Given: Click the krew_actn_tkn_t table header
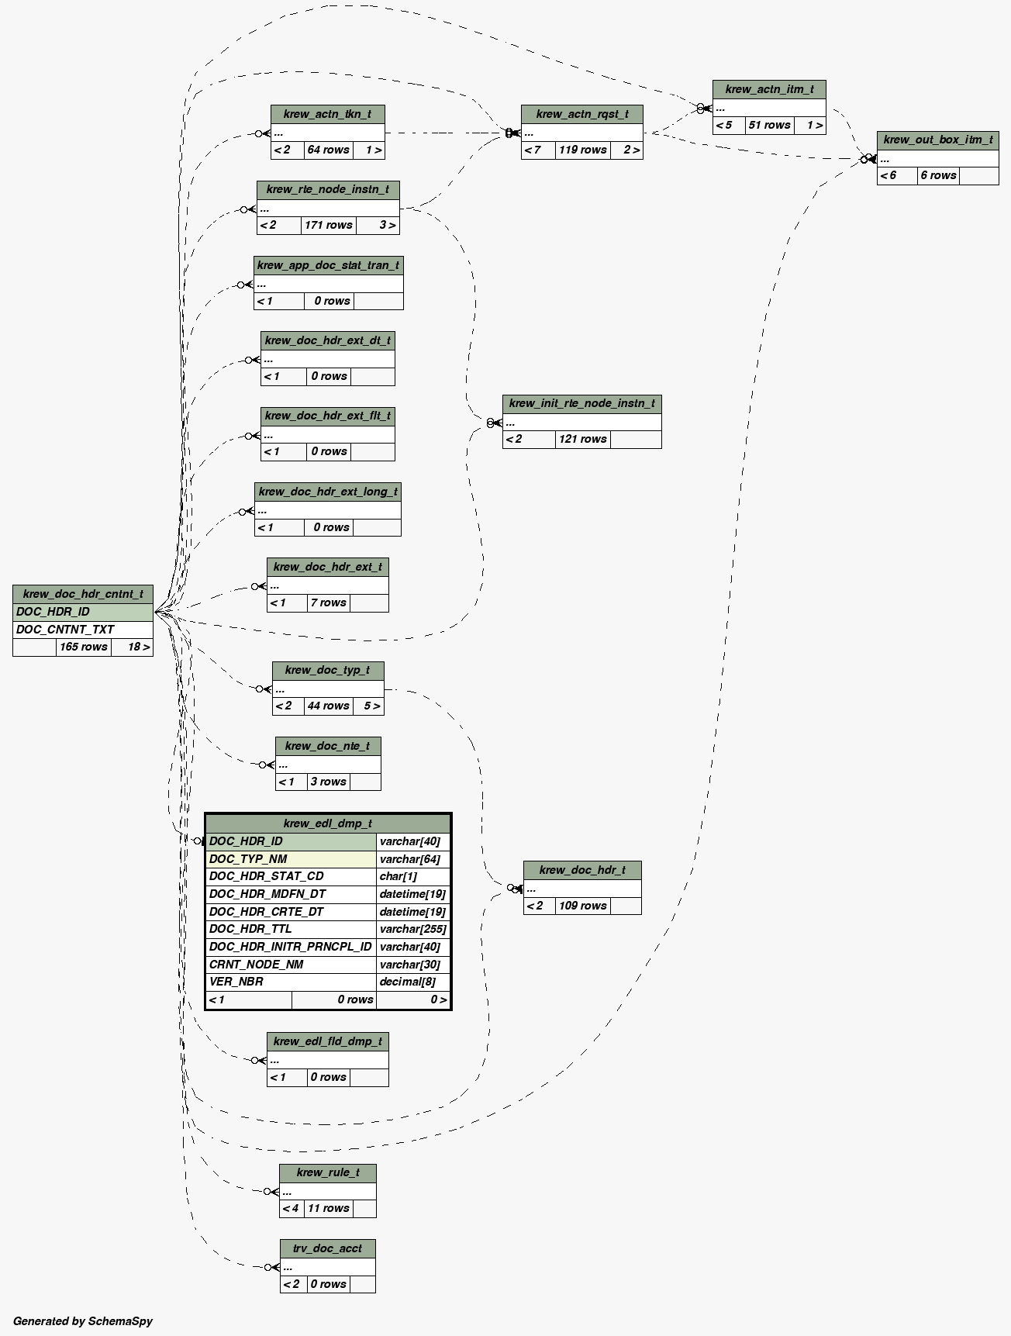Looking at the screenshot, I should point(327,115).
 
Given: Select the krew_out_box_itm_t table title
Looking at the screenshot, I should point(937,140).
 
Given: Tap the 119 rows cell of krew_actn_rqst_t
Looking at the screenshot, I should point(582,150).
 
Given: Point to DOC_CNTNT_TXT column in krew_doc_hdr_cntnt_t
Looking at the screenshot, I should point(65,630).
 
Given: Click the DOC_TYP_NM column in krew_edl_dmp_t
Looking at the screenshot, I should point(248,859).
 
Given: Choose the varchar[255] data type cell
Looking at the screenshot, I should point(412,929).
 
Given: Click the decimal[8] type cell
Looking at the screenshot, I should point(408,982).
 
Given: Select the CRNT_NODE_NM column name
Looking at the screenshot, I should point(257,965).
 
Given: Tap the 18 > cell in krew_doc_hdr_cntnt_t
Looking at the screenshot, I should point(139,647).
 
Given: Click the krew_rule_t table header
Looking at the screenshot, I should point(328,1173).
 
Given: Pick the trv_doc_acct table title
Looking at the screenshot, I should point(328,1248).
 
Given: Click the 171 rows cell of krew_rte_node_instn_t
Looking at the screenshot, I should point(329,226).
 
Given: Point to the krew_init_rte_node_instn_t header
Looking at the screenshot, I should point(581,404).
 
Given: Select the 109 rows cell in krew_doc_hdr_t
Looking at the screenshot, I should point(582,906).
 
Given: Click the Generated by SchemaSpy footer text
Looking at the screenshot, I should point(83,1321).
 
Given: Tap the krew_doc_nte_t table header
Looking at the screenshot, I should point(328,747).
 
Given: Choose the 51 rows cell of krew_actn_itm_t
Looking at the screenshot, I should point(769,126).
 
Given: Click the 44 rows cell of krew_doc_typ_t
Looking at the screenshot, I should point(328,706).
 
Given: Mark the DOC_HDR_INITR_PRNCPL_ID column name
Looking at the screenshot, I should point(291,947).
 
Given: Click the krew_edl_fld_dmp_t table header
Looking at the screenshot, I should point(328,1041).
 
